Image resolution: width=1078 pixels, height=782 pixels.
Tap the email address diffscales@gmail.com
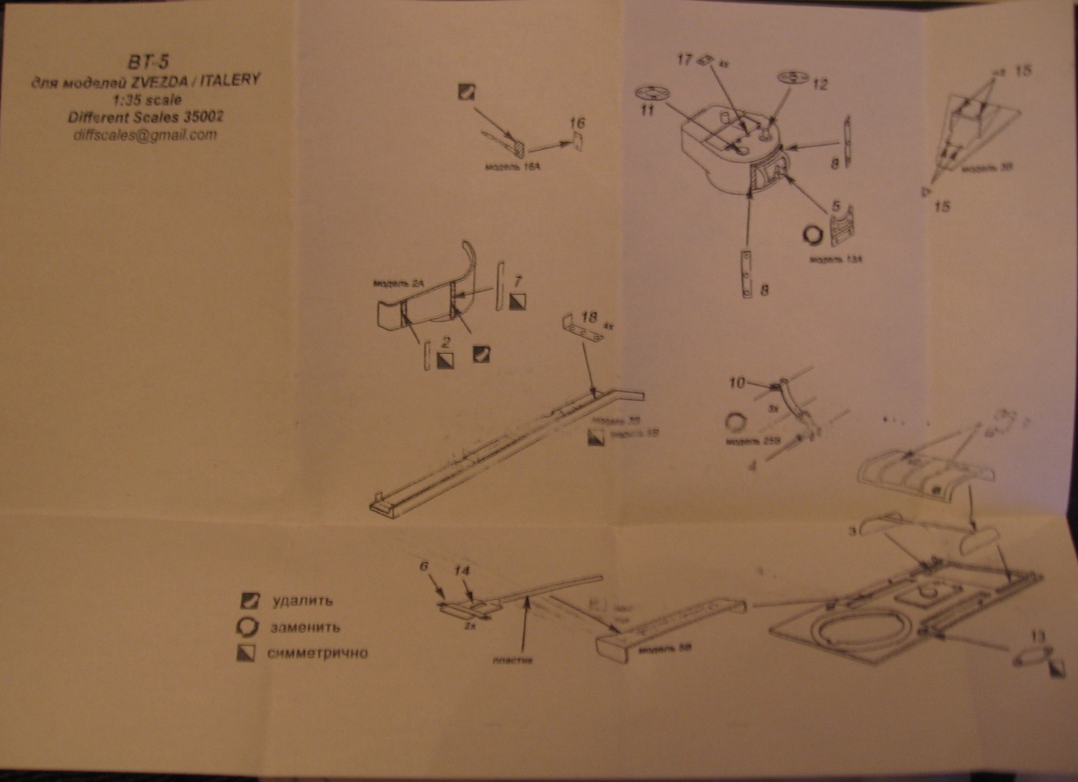(146, 134)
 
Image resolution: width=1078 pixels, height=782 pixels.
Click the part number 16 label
(577, 123)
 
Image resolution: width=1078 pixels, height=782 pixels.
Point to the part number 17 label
(685, 60)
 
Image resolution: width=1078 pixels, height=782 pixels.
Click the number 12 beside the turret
(820, 85)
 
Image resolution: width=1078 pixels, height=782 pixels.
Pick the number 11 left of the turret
(647, 110)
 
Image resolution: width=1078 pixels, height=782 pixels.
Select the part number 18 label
(590, 317)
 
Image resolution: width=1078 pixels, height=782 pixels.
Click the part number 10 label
(737, 383)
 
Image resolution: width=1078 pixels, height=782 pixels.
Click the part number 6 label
(424, 566)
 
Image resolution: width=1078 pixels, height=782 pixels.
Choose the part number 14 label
(462, 570)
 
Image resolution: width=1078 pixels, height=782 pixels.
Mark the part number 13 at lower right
(1038, 636)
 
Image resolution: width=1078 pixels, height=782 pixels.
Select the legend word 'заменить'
(305, 627)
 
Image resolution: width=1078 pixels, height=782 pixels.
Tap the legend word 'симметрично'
(317, 653)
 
